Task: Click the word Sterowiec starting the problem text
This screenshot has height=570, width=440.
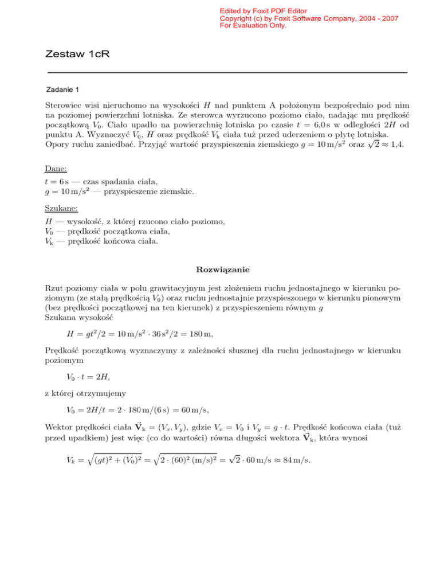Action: tap(64, 106)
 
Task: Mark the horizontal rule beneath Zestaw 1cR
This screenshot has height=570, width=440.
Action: tap(226, 73)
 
